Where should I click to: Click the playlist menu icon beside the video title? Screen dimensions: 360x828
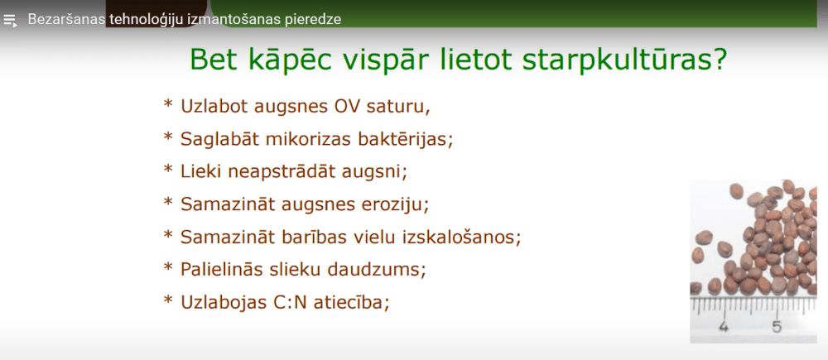tap(10, 20)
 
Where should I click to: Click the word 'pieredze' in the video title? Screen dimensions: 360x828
tap(310, 19)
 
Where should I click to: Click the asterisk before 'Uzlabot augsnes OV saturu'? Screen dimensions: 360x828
tap(168, 105)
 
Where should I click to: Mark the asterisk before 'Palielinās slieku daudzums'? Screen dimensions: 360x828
tap(168, 267)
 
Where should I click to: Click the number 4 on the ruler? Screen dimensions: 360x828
tap(724, 327)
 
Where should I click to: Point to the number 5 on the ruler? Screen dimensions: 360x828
tap(777, 327)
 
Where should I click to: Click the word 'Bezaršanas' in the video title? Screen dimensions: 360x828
tap(66, 19)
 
